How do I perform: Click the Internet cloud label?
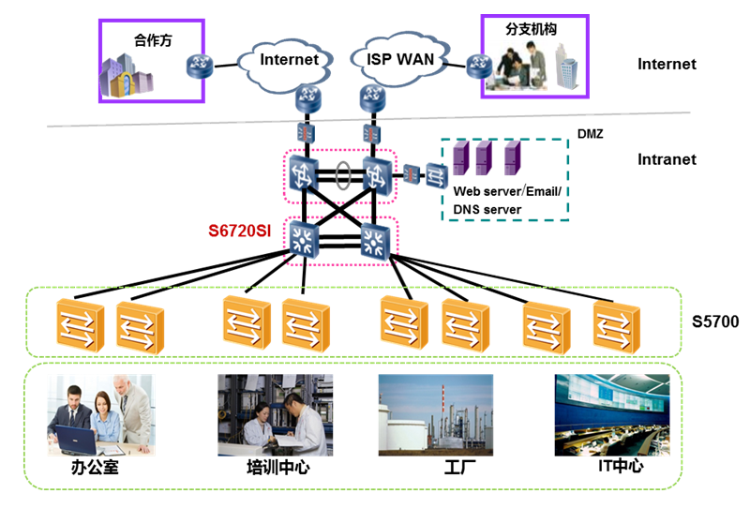[289, 60]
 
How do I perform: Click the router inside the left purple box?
[199, 66]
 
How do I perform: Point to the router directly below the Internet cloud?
[308, 97]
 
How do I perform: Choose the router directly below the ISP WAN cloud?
[372, 97]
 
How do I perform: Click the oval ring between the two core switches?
[343, 174]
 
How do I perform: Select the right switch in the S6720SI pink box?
[374, 242]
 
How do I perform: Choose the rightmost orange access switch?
[616, 324]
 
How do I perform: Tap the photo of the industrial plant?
[435, 415]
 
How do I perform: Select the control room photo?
[612, 415]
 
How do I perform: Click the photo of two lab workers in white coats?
[275, 415]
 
